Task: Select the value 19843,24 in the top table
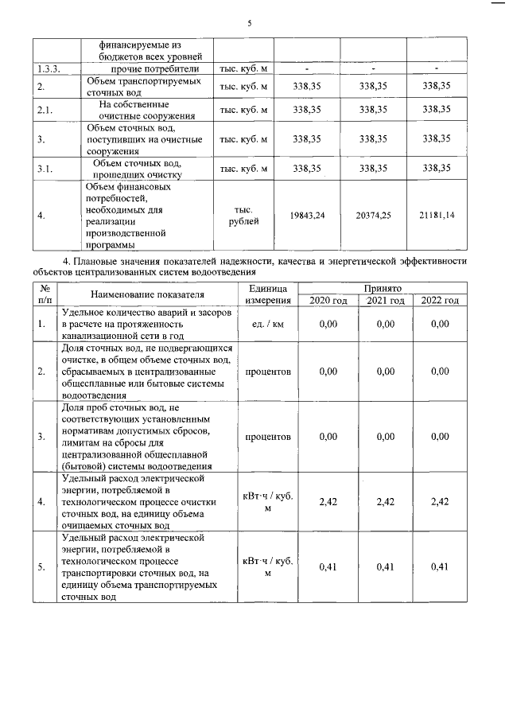click(307, 216)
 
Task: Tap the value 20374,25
click(373, 216)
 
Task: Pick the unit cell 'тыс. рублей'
click(243, 216)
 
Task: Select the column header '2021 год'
click(385, 301)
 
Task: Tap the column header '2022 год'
click(440, 301)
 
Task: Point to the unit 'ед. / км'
click(267, 325)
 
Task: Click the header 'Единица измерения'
click(267, 294)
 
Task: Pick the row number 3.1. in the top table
click(45, 169)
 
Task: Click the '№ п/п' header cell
click(45, 294)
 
